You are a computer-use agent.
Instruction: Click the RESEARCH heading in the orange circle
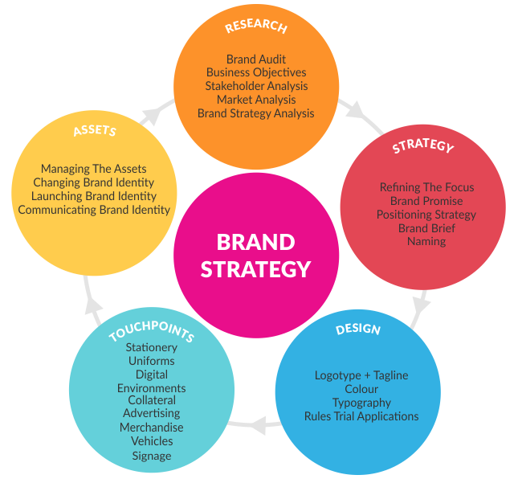coord(255,27)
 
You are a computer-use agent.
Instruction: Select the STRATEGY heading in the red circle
coord(423,147)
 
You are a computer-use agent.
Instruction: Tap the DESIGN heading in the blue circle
coord(358,329)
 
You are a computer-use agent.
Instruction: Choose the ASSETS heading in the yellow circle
coord(95,130)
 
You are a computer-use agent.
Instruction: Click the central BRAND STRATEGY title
coord(255,255)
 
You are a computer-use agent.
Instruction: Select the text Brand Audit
coord(255,59)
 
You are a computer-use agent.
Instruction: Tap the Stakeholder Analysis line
coord(255,86)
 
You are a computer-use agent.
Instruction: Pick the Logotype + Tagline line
coord(361,375)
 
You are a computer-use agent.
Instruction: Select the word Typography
coord(361,403)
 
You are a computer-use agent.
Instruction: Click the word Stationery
coord(152,347)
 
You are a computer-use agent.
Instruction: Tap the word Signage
coord(152,456)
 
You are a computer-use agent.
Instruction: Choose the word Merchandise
coord(152,428)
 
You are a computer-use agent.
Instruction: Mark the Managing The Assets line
coord(94,169)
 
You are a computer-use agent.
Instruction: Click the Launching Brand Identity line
coord(94,196)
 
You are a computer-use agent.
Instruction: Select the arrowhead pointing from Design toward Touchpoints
coord(255,424)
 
